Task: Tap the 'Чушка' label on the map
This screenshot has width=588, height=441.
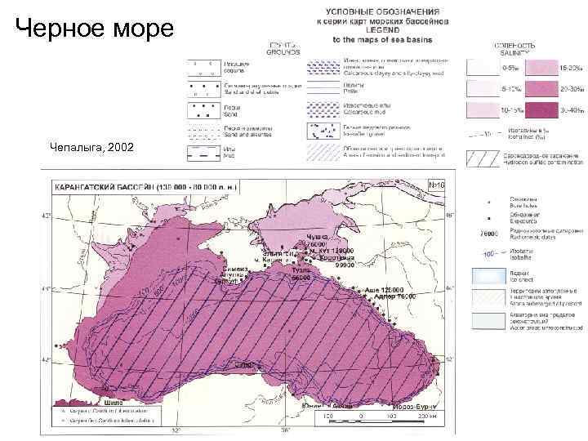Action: click(x=317, y=237)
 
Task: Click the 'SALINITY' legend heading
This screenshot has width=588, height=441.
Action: click(x=514, y=51)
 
